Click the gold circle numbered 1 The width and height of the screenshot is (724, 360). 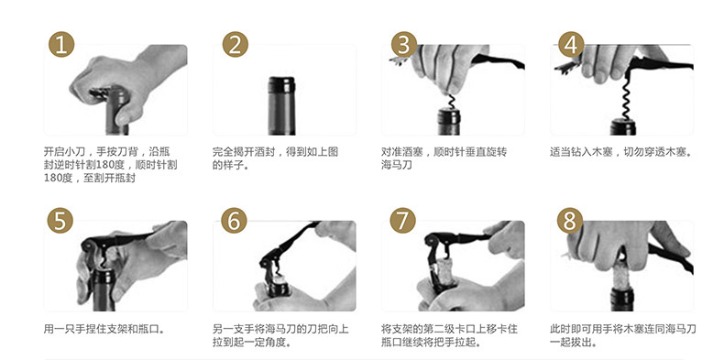[61, 45]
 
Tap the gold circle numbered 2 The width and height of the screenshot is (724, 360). [235, 45]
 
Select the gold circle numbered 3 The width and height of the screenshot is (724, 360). [404, 45]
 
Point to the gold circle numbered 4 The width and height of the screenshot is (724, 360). [571, 45]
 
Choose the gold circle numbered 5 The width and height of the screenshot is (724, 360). [60, 221]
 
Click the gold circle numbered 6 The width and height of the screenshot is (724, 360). [234, 221]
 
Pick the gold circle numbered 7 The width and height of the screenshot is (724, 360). [402, 221]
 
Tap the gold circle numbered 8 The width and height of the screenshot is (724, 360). [570, 221]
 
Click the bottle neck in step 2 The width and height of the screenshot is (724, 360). [281, 105]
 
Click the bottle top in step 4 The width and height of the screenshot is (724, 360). [623, 127]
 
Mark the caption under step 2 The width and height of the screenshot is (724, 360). [275, 158]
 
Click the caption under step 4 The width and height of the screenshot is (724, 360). [621, 152]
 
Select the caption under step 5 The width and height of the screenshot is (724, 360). [104, 329]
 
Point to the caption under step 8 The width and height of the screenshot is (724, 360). [623, 335]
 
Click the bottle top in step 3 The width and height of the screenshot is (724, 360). [449, 122]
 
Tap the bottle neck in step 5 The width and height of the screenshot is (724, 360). [104, 289]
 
